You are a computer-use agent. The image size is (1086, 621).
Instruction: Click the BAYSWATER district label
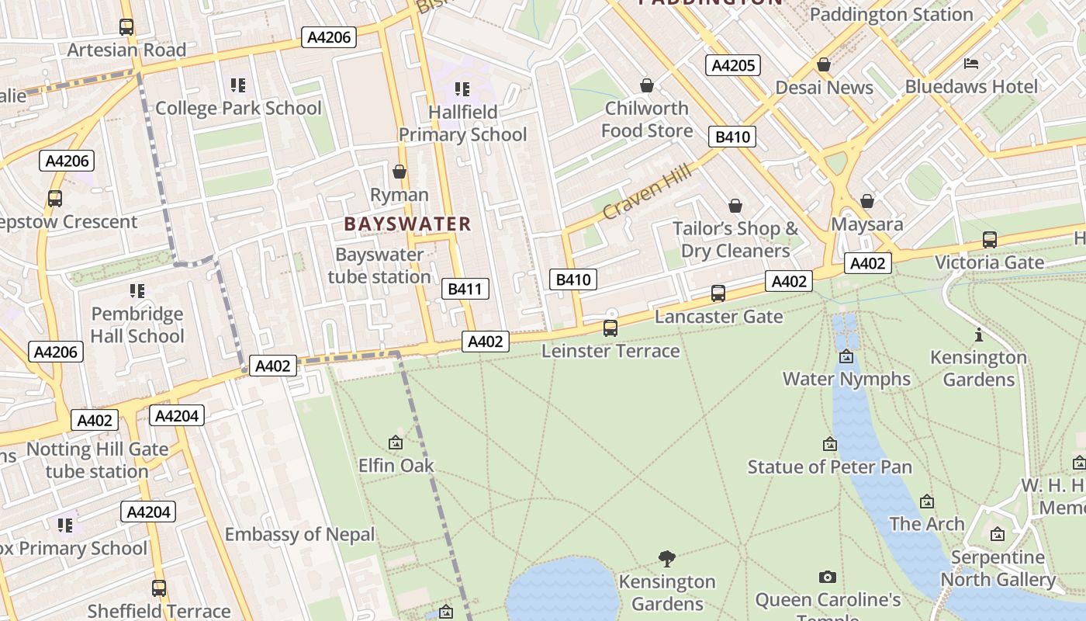pos(407,224)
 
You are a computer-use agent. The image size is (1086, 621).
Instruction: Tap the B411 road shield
pos(465,290)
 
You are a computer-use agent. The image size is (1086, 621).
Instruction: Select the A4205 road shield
pos(732,65)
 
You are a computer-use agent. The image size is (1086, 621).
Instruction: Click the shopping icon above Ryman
pos(399,172)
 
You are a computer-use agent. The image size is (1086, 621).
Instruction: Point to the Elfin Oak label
pos(396,466)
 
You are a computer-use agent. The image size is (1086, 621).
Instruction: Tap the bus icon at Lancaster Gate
pos(718,293)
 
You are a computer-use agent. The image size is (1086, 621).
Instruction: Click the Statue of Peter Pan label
pos(829,467)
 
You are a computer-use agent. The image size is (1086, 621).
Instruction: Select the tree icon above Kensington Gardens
pos(666,558)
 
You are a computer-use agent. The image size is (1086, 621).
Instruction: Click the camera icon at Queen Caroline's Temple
pos(828,578)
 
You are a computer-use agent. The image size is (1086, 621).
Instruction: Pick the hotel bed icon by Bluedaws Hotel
pos(970,64)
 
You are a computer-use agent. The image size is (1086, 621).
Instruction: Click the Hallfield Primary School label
pos(462,123)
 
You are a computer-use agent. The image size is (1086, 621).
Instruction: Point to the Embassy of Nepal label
pos(299,535)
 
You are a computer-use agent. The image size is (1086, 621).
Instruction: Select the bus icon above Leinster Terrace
pos(610,328)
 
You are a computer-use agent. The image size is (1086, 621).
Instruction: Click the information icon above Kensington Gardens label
pos(979,335)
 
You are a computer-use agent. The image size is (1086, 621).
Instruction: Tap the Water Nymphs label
pos(846,380)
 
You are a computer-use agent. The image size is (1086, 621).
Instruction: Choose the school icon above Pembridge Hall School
pos(137,291)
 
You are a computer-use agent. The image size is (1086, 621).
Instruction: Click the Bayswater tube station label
pos(379,265)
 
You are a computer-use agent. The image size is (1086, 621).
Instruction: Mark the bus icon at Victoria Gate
pos(989,240)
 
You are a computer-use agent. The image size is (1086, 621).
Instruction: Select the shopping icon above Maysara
pos(867,202)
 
